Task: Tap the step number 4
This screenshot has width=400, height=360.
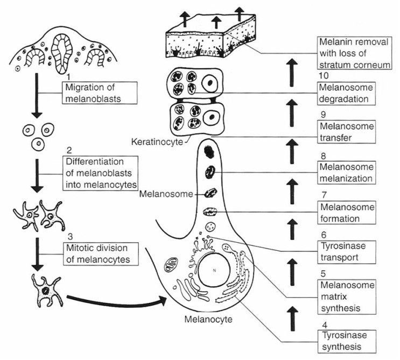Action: point(322,324)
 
